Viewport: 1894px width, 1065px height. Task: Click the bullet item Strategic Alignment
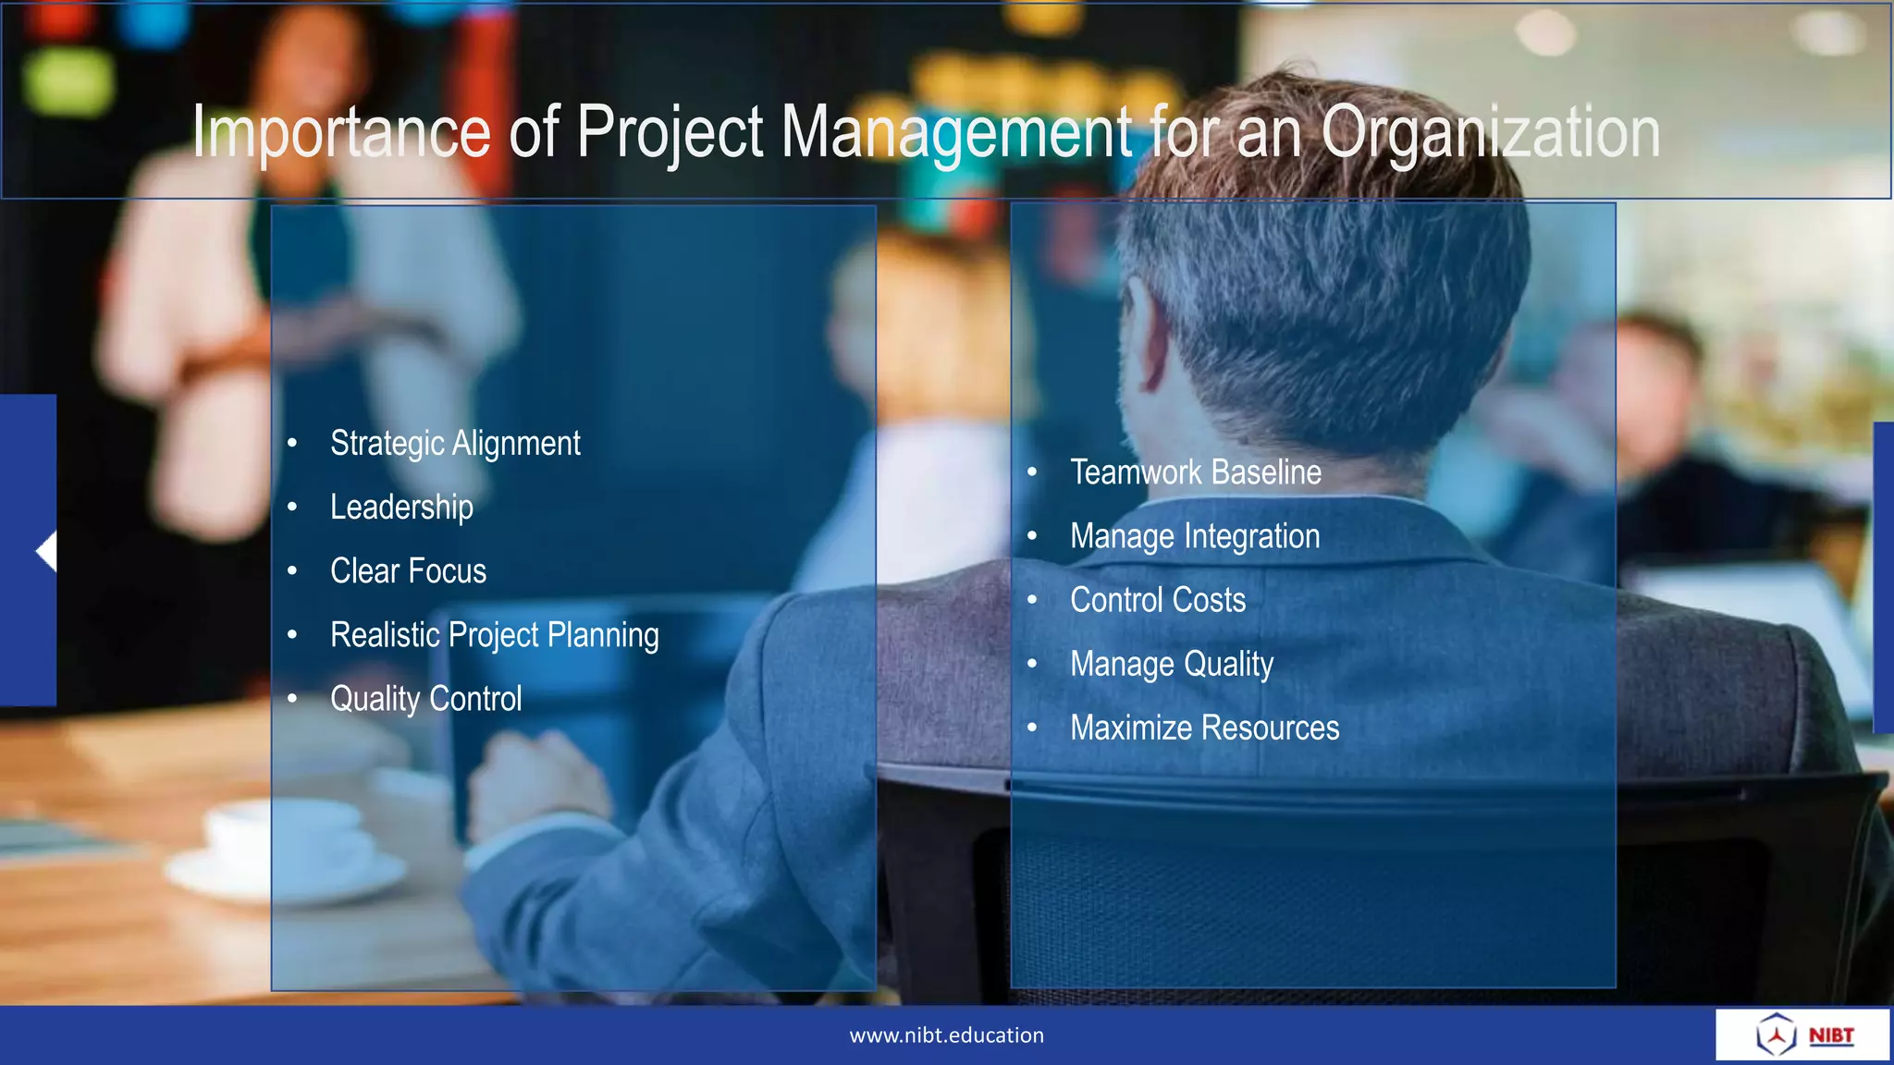click(455, 444)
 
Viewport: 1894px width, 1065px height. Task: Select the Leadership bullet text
click(401, 508)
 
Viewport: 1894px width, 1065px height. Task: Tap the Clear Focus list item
click(408, 571)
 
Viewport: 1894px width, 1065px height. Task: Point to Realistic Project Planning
click(495, 635)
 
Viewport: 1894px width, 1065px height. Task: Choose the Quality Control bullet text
click(425, 699)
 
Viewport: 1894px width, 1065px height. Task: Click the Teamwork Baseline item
click(1196, 472)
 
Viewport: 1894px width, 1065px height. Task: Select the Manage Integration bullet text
click(1195, 536)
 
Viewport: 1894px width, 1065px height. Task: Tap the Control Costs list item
click(1158, 600)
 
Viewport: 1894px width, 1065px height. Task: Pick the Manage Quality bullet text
click(1172, 664)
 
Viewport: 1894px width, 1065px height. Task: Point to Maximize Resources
click(1204, 728)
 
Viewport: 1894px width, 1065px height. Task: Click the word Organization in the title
click(1490, 133)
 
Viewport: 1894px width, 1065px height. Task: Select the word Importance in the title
click(341, 133)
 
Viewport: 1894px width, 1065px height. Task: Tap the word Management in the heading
click(956, 133)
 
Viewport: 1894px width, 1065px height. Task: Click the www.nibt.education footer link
click(946, 1035)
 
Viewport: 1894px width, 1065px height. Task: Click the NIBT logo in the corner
click(1803, 1034)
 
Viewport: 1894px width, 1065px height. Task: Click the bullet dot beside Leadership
click(292, 508)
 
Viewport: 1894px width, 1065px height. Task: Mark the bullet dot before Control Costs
click(1032, 600)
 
